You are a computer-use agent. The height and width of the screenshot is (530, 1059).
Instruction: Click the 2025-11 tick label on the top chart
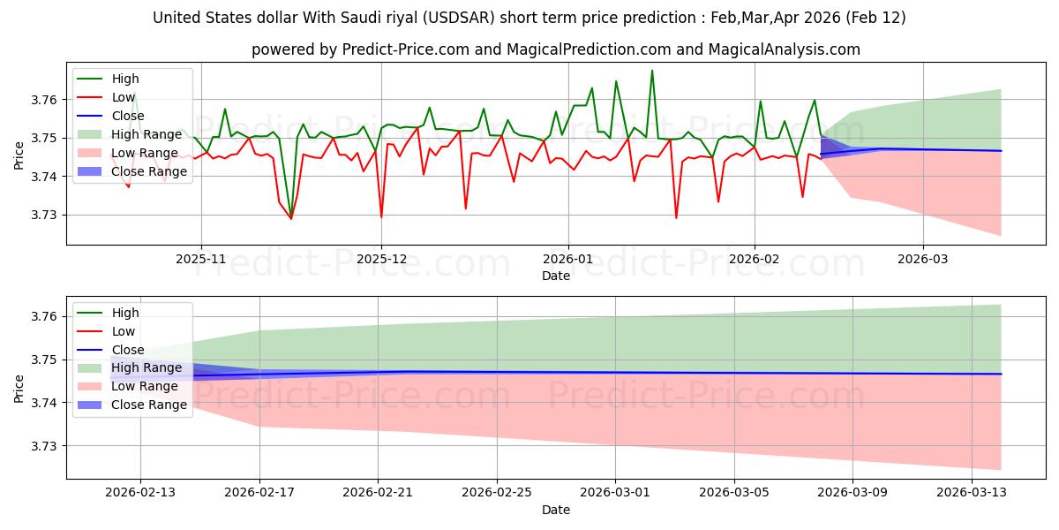pyautogui.click(x=201, y=259)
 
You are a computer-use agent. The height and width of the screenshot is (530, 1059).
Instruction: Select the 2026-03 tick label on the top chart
pyautogui.click(x=923, y=259)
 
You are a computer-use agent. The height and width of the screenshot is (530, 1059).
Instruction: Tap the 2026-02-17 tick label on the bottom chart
pyautogui.click(x=259, y=493)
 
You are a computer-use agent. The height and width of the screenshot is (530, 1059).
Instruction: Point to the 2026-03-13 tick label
pyautogui.click(x=971, y=493)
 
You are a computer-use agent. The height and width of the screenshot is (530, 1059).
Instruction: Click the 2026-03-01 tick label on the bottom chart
pyautogui.click(x=616, y=493)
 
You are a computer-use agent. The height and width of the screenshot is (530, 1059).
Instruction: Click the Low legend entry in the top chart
pyautogui.click(x=123, y=97)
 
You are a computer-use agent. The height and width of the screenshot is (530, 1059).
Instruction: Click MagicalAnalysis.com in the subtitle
pyautogui.click(x=777, y=49)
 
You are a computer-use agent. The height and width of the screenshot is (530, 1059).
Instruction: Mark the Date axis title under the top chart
pyautogui.click(x=556, y=276)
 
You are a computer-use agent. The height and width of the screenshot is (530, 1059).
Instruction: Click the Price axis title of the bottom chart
pyautogui.click(x=19, y=387)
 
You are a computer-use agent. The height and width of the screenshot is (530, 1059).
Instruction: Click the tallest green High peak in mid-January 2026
pyautogui.click(x=652, y=71)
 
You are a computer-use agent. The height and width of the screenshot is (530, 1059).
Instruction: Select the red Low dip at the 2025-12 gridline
pyautogui.click(x=381, y=216)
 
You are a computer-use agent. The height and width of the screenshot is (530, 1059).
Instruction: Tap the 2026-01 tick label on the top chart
pyautogui.click(x=567, y=259)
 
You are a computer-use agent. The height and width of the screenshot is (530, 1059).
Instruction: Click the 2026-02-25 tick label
pyautogui.click(x=497, y=493)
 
